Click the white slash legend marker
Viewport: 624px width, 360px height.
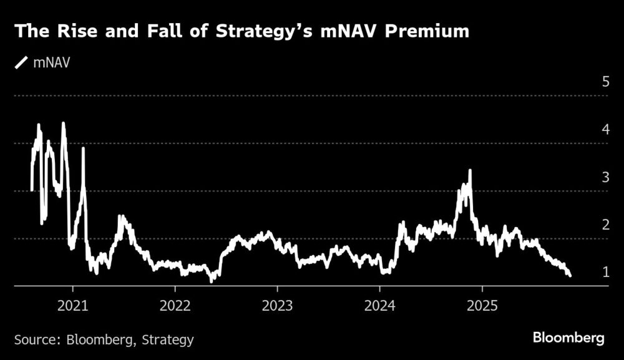click(22, 62)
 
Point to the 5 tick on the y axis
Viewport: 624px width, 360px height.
click(605, 82)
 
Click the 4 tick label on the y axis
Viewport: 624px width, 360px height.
click(605, 129)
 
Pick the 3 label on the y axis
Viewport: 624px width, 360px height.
click(605, 177)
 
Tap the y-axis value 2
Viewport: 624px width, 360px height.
click(605, 224)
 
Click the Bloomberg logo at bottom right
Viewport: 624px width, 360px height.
click(568, 338)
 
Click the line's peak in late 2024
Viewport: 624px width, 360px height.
click(470, 170)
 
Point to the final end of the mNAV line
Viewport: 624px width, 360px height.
click(570, 275)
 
